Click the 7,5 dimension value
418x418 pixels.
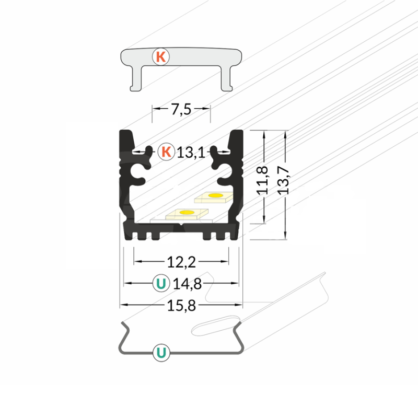tap(181, 109)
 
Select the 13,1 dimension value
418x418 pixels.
tap(191, 153)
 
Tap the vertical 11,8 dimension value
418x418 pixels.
tap(262, 180)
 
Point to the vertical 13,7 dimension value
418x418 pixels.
tap(283, 180)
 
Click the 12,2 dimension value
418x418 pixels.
tap(181, 262)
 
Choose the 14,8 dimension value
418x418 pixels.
tap(187, 284)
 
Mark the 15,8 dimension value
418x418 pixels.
tap(181, 306)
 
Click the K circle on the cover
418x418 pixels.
tap(161, 57)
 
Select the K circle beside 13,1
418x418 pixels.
tap(166, 152)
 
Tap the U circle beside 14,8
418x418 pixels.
tap(161, 283)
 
